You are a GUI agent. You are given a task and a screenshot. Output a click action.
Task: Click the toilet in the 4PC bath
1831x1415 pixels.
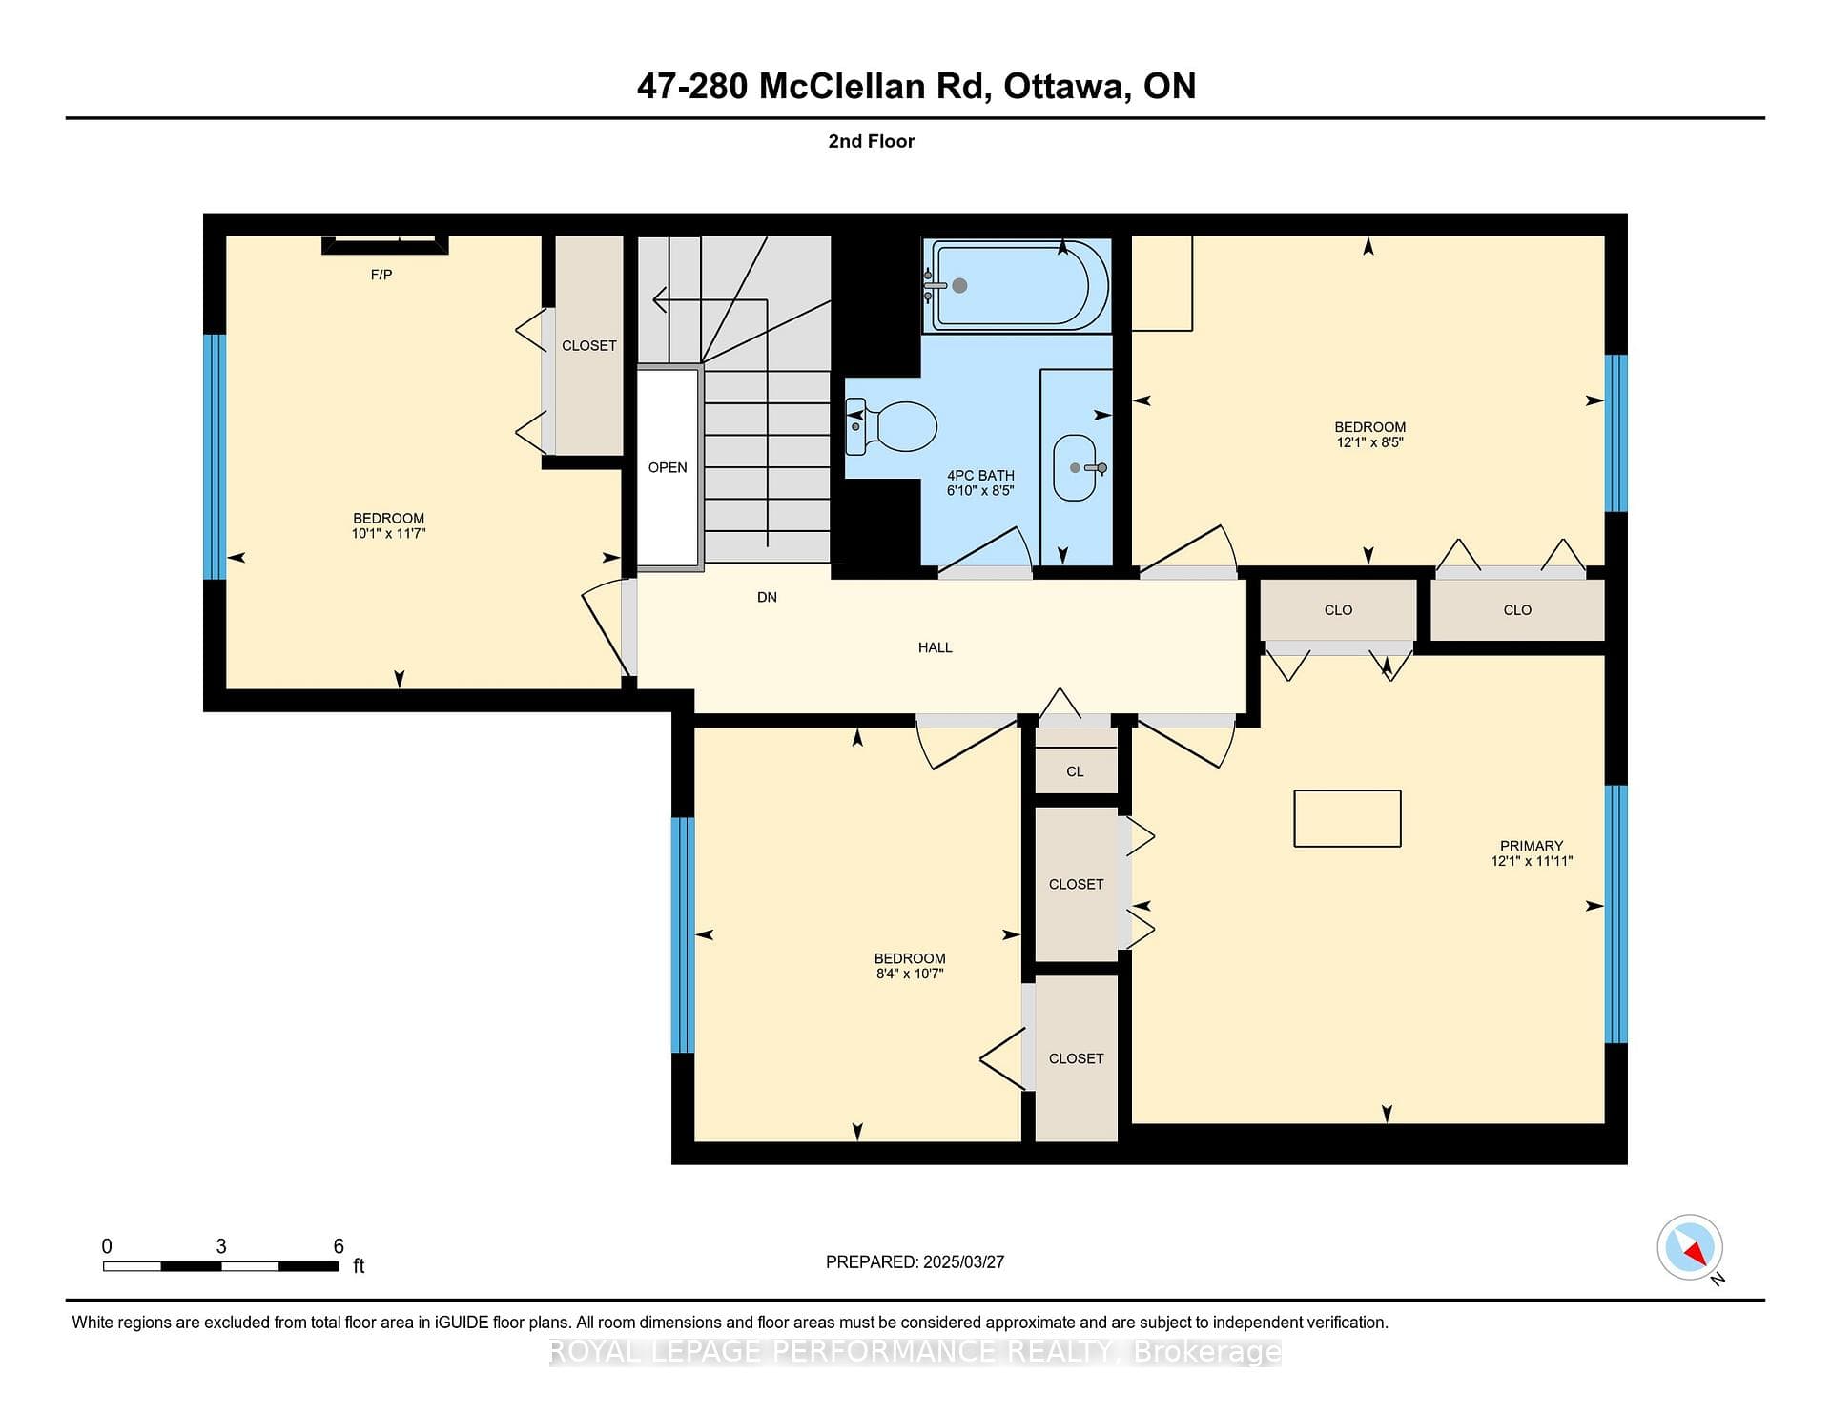coord(892,426)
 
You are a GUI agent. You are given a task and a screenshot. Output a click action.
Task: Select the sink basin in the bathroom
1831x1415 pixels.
coord(1075,467)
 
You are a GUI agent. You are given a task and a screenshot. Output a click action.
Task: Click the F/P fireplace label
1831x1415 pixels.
coord(381,275)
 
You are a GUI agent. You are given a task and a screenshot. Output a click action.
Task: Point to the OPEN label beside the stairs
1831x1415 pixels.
coord(668,467)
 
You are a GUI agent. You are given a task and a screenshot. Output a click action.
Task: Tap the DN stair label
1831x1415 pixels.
coord(767,597)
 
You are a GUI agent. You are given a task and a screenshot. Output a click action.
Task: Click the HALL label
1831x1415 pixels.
coord(936,647)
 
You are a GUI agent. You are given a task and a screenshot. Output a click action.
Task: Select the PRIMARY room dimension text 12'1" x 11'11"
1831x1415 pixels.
coord(1532,861)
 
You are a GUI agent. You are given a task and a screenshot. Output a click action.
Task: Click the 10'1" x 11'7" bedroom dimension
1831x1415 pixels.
coord(388,534)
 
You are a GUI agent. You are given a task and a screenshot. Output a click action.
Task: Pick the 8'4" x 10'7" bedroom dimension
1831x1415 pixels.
coord(910,974)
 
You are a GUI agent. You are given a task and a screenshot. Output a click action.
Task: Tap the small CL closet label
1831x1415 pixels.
coord(1075,771)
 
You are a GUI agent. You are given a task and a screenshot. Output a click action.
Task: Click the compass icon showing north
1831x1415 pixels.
coord(1690,1247)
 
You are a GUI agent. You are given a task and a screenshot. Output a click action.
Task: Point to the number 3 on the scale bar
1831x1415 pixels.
coord(221,1246)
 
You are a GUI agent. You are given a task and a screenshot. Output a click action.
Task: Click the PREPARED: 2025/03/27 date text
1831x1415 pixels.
coord(915,1261)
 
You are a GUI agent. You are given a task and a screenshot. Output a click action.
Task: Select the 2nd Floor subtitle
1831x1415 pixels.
coord(872,141)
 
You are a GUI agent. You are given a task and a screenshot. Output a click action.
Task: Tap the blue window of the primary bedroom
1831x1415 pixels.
coord(1615,914)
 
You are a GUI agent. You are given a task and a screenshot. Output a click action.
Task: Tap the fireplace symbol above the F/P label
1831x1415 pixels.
coord(385,245)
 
